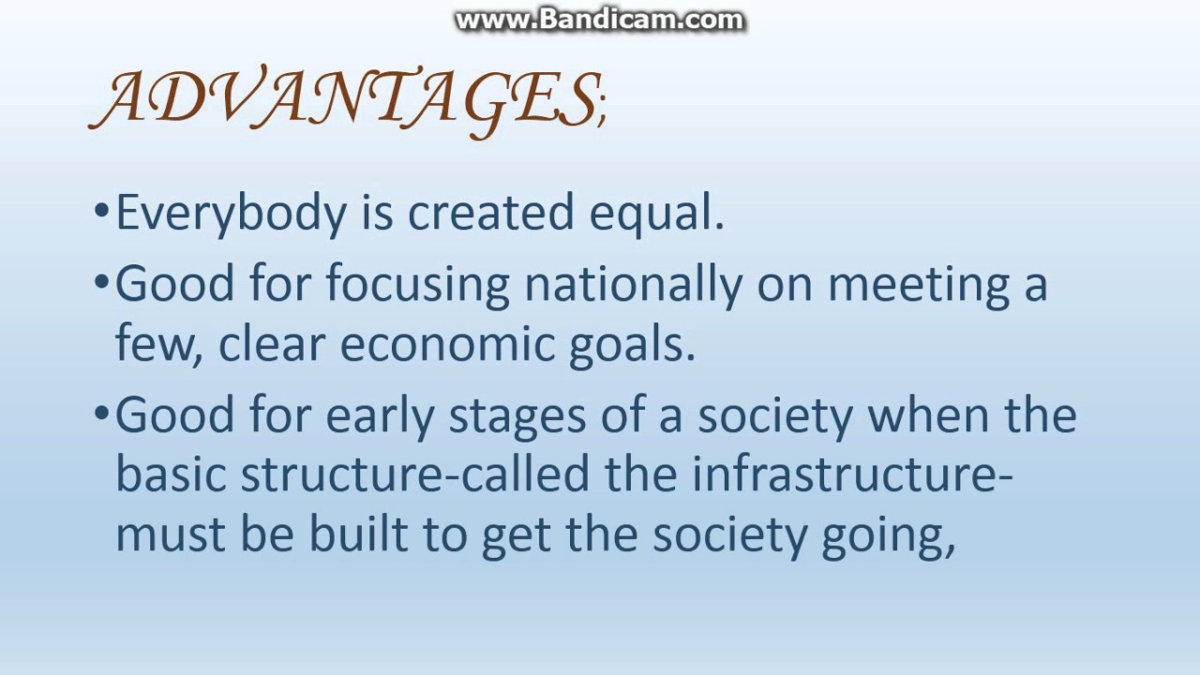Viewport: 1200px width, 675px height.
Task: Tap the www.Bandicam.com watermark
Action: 599,21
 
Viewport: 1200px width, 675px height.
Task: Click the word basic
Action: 172,475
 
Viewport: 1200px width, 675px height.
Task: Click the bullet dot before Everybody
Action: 102,211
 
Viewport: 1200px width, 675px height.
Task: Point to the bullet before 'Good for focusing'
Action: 102,281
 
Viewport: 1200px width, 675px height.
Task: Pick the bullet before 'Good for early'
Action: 102,412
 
